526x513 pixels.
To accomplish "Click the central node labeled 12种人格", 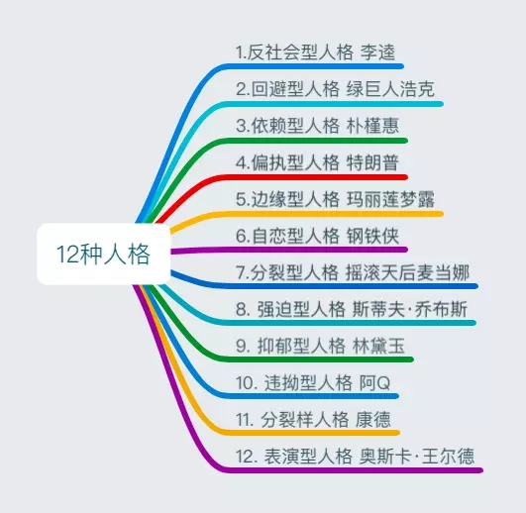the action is (103, 254).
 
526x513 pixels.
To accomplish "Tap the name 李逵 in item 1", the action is (378, 52).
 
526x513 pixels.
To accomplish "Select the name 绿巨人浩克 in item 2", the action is (390, 89).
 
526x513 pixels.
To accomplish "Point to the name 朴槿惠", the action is (372, 126).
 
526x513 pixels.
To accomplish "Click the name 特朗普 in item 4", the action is (372, 162).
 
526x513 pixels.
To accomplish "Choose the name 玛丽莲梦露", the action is (390, 199).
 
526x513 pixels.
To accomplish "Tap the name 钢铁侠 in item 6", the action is (372, 236).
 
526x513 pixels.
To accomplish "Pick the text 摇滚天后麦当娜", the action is (407, 272).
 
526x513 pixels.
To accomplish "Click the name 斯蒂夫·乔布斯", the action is (410, 309).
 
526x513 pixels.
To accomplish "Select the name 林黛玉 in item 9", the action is (378, 346).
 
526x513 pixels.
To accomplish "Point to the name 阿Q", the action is (374, 382).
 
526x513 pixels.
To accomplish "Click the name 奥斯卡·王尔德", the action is (417, 456).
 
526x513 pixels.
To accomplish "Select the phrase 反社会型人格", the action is (300, 52).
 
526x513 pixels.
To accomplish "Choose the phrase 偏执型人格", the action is (295, 162).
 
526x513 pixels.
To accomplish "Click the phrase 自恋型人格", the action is (295, 236).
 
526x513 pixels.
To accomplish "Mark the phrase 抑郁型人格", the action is (301, 346).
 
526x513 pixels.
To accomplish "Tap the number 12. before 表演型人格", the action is (245, 456).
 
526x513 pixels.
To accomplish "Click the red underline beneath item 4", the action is (281, 177).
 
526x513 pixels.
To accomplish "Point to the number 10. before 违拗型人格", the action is (245, 382).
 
